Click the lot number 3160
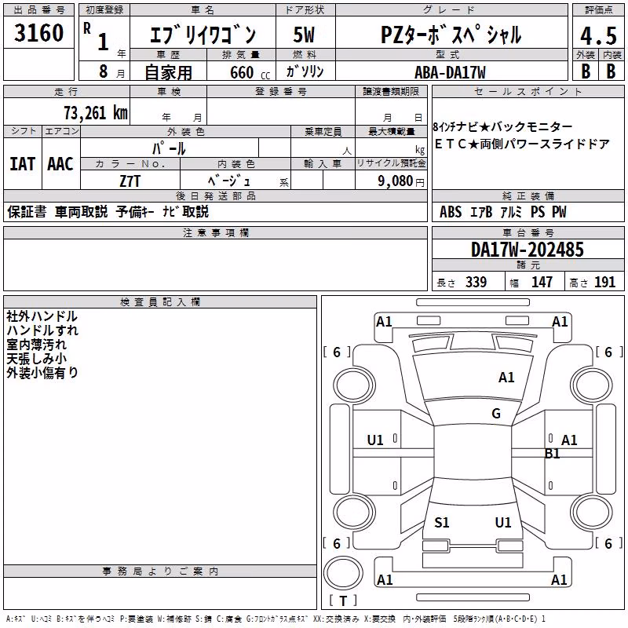tap(38, 33)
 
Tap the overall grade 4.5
tap(598, 36)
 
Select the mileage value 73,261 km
tap(96, 113)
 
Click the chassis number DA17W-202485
tap(528, 250)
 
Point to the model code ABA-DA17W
tap(450, 72)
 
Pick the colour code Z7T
tap(130, 181)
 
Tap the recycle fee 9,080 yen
tap(401, 181)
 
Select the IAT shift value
tap(22, 164)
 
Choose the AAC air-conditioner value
tap(60, 164)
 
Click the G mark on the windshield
tap(496, 413)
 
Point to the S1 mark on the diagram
tap(442, 522)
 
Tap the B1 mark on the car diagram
tap(553, 454)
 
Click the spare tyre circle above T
tap(343, 573)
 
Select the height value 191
tap(604, 282)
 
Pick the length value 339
tap(476, 282)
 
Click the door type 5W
tap(304, 35)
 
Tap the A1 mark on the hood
tap(506, 377)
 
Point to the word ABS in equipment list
tap(451, 212)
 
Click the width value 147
tap(542, 282)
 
